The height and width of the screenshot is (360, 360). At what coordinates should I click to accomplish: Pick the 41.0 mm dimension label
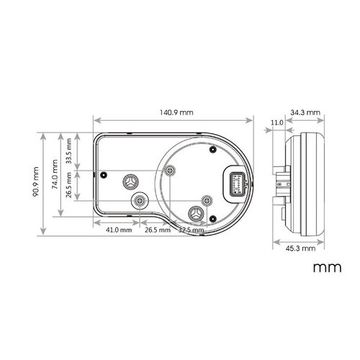coord(118,230)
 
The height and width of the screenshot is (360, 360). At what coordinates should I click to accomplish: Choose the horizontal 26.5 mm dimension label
coord(158,230)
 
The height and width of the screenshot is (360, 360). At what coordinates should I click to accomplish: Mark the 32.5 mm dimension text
coord(190,230)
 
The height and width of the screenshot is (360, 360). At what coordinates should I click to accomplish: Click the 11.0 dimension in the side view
coord(276,122)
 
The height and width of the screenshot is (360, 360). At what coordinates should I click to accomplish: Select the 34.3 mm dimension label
coord(306,113)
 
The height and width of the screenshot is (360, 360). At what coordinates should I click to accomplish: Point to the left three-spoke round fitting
coord(130,181)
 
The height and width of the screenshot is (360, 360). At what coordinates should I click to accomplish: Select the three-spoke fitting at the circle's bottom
coord(197,213)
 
